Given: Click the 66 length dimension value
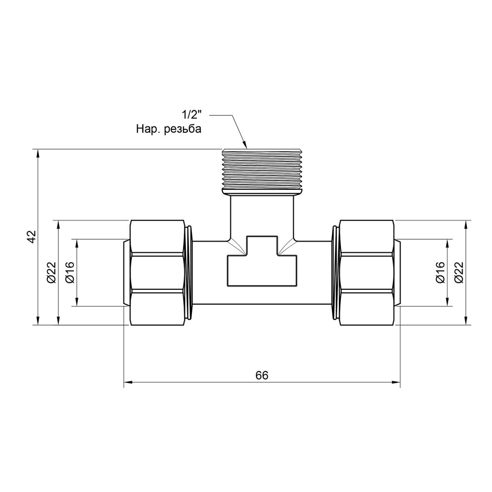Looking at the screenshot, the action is [x=262, y=375].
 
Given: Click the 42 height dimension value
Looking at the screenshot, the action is [x=32, y=237].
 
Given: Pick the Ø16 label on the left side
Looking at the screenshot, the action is [x=70, y=273].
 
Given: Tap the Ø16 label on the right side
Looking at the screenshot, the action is [x=440, y=273].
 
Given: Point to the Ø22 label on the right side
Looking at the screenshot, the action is [x=459, y=273].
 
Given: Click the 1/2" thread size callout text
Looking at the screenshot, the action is [x=191, y=115].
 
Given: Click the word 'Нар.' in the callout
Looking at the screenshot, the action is [x=149, y=129].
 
